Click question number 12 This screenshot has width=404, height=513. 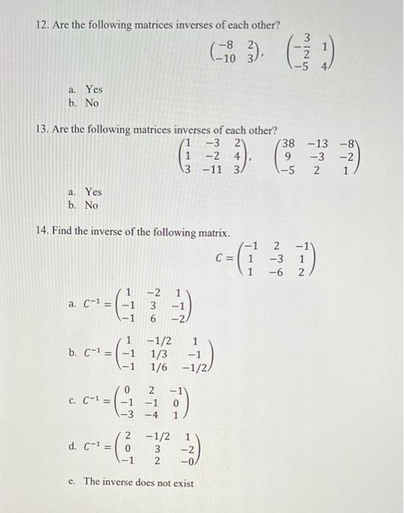pos(43,25)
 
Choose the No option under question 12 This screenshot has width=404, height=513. pos(92,103)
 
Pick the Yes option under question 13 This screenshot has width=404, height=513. pos(93,192)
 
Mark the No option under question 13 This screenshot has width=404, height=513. pos(92,206)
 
